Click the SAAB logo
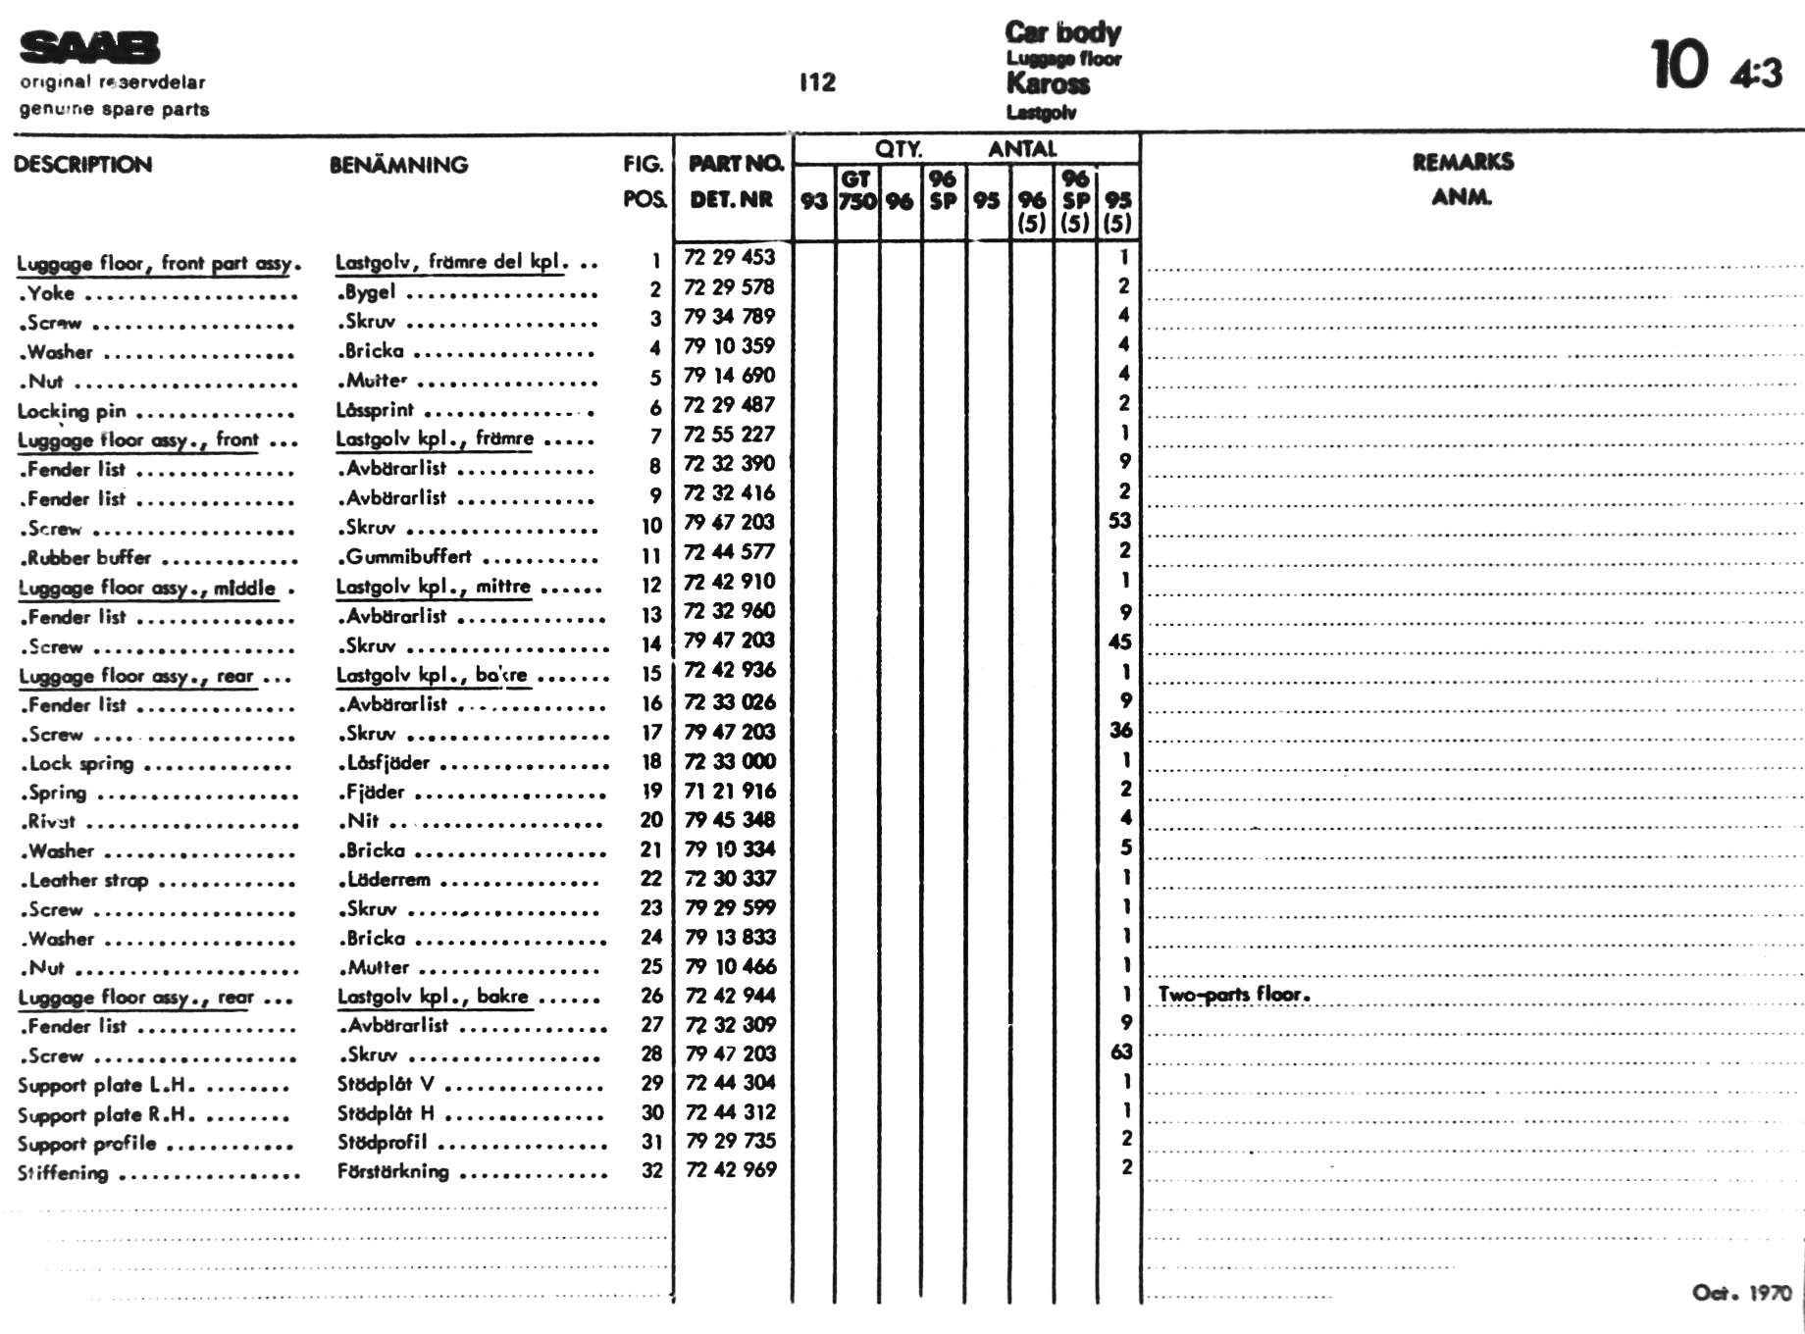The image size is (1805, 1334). (89, 47)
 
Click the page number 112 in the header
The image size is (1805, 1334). (817, 82)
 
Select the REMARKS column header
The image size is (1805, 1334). (1463, 162)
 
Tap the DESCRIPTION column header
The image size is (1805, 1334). (83, 165)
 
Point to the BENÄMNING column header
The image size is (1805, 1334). (398, 165)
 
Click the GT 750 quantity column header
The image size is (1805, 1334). (856, 189)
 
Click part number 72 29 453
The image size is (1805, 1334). (729, 257)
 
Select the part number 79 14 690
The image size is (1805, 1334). (729, 376)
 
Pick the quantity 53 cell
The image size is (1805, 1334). (1119, 521)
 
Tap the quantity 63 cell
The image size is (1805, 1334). (1121, 1052)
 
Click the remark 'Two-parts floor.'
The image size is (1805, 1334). (1234, 995)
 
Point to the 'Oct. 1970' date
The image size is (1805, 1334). (1741, 1293)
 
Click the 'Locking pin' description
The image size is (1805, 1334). (72, 412)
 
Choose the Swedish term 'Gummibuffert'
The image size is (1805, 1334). (408, 557)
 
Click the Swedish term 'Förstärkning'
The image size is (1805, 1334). (393, 1171)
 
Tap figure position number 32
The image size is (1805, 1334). (652, 1171)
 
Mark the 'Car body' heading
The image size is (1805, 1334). (1062, 32)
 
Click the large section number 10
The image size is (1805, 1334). (1679, 66)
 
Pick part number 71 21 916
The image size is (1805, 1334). (730, 791)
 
